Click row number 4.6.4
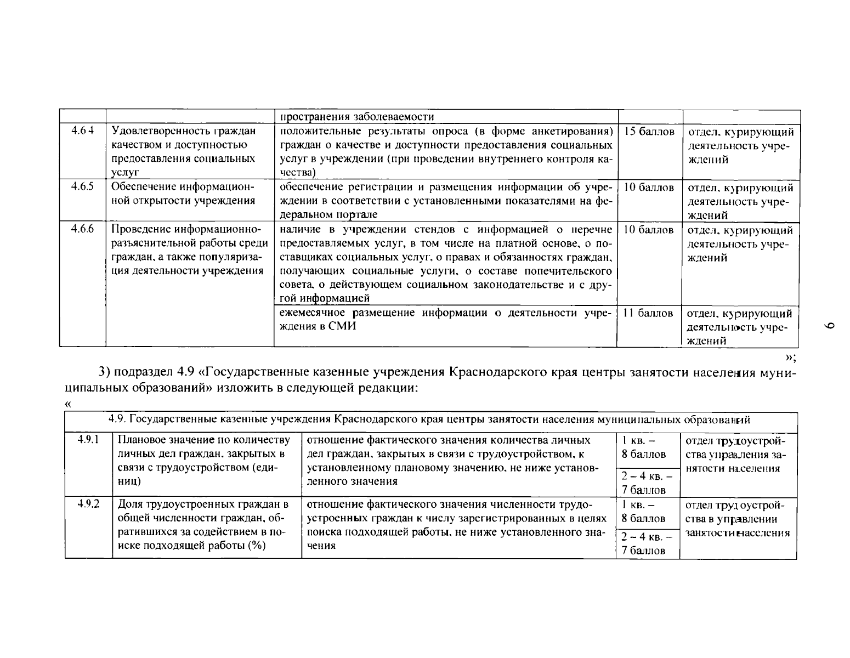click(x=83, y=131)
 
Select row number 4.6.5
click(x=83, y=186)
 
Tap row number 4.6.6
click(x=83, y=229)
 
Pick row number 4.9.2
click(x=88, y=503)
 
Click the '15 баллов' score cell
click(x=649, y=132)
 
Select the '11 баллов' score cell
click(x=648, y=313)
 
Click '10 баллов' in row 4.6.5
click(x=649, y=187)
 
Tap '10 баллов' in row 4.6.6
click(x=649, y=230)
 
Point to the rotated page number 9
click(x=829, y=326)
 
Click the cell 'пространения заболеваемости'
click(x=357, y=117)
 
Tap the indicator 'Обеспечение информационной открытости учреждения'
click(x=183, y=194)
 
